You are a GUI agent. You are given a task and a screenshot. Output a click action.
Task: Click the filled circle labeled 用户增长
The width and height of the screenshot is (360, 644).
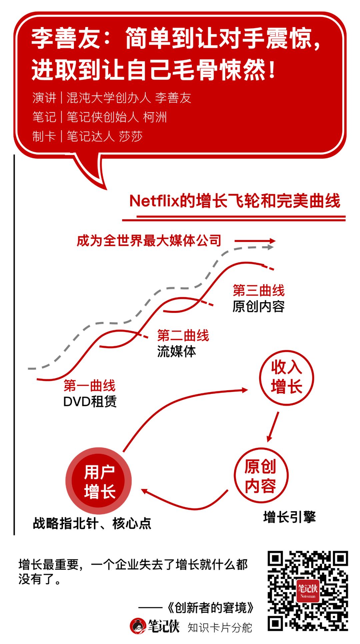99,481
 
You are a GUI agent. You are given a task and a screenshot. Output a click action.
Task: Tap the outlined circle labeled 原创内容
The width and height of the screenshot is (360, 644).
261,475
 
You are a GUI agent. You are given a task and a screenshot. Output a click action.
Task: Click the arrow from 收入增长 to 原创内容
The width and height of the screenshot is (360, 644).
273,427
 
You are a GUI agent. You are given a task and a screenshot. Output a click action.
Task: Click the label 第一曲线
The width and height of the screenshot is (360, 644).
89,386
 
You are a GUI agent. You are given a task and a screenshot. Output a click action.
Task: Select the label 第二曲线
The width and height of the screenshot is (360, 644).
183,336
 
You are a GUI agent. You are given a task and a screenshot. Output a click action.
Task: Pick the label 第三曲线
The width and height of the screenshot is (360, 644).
259,290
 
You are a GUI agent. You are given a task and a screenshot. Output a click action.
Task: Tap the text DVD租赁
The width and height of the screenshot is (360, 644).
90,402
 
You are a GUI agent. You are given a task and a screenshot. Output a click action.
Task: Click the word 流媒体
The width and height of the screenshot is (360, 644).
176,352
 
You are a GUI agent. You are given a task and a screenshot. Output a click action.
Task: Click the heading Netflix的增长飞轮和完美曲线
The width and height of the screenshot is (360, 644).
235,201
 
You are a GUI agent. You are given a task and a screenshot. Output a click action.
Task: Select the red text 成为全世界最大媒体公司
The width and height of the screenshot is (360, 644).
149,240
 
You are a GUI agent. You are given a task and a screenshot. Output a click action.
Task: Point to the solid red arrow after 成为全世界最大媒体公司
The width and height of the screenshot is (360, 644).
255,241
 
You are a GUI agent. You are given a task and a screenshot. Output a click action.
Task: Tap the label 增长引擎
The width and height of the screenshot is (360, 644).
289,517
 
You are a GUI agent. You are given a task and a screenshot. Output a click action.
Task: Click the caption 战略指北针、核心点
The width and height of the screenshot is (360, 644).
92,523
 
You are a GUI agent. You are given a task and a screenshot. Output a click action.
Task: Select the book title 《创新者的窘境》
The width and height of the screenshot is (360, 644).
211,608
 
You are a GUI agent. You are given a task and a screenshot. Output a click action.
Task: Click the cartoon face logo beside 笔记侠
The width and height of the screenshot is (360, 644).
138,626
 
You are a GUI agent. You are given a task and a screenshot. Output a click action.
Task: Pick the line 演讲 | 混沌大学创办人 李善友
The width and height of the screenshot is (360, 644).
112,98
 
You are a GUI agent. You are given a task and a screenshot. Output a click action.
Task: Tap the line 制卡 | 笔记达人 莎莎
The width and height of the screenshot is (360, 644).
87,136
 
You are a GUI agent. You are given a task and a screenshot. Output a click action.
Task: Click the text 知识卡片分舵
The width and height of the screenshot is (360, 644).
220,627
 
